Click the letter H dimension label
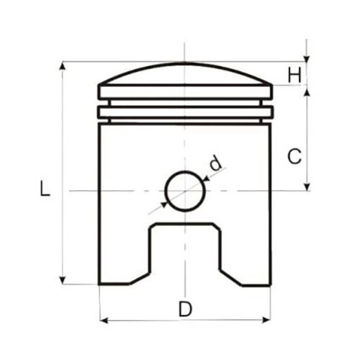tap(294, 75)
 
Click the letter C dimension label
tap(294, 156)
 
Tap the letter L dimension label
tap(45, 189)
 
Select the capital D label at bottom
tap(185, 309)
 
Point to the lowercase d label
tap(215, 163)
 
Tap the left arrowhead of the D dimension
tap(104, 320)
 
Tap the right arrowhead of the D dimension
tap(266, 320)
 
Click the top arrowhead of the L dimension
tap(63, 66)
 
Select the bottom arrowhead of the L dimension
tap(63, 280)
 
